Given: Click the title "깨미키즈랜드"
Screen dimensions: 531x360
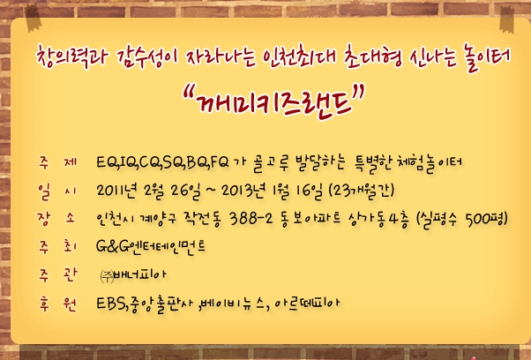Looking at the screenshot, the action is point(273,101).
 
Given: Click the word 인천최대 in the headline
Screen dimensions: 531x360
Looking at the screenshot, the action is point(299,57).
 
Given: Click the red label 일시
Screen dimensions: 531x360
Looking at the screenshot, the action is point(56,191).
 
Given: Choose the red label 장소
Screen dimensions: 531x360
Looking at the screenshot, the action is point(56,219).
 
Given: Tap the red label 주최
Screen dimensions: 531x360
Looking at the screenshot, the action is point(57,247).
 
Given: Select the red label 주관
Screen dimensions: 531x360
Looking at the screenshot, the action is point(57,274).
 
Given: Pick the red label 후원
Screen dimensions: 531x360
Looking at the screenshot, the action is point(57,304).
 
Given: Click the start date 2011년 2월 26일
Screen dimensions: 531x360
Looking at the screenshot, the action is point(147,191).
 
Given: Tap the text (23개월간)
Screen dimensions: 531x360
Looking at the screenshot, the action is point(362,191).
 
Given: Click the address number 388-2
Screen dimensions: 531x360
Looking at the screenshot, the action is point(251,219).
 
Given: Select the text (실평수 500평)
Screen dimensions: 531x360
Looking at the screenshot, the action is point(462,220).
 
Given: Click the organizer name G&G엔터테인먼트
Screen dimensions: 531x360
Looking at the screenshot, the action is point(151,247).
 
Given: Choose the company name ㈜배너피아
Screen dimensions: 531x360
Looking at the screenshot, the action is point(133,275).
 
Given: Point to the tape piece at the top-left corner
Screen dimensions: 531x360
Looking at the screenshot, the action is point(34,19).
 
